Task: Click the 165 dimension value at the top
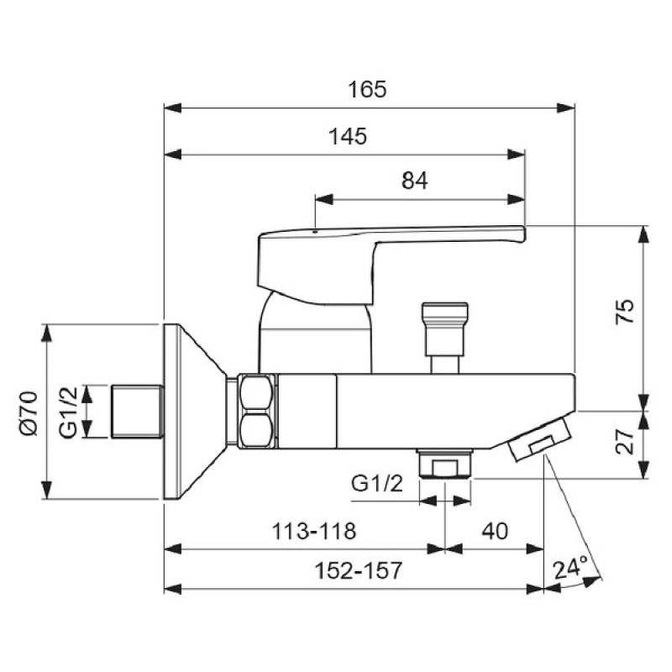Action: point(367,90)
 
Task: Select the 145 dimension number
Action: point(348,136)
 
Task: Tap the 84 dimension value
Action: point(414,181)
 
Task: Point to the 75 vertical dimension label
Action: point(624,312)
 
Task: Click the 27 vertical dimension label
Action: point(624,441)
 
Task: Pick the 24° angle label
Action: point(570,568)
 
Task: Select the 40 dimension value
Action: point(495,531)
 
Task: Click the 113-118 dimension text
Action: point(313,531)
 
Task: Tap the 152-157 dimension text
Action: point(359,570)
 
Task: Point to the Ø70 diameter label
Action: point(29,412)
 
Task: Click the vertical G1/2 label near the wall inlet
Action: point(69,412)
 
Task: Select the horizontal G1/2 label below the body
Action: point(377,484)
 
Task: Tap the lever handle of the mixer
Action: point(391,265)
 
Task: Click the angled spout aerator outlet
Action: point(540,439)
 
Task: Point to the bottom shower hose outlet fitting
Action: point(445,464)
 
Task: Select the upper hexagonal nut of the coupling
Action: point(256,393)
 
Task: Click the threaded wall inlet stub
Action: point(138,412)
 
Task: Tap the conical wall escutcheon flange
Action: point(196,412)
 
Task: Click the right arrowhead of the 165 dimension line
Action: point(565,108)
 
